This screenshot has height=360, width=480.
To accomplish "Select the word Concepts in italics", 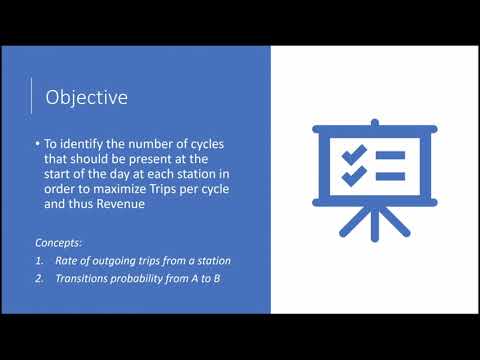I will coord(58,242).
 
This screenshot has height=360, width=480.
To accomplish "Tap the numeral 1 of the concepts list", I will coord(39,261).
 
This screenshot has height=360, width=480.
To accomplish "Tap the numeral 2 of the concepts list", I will coord(39,278).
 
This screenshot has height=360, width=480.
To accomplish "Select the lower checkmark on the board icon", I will coord(351,176).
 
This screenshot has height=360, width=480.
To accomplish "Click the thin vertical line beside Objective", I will coord(32,97).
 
